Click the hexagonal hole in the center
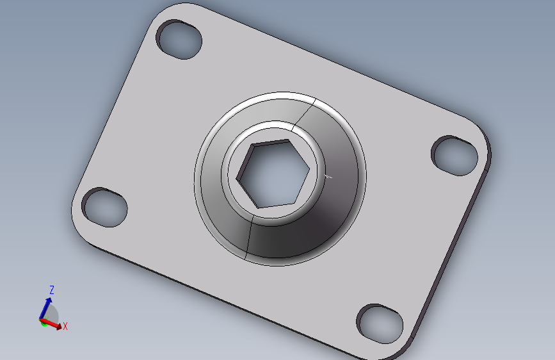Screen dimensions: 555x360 click(273, 174)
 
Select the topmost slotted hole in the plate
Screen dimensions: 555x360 click(179, 39)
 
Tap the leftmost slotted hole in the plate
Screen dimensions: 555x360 click(104, 207)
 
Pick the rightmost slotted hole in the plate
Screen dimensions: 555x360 click(454, 156)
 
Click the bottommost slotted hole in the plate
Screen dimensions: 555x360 click(380, 324)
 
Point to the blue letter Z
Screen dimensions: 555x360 click(52, 290)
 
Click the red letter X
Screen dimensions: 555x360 click(65, 326)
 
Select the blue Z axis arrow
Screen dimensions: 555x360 click(45, 308)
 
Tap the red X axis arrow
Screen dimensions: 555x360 click(51, 324)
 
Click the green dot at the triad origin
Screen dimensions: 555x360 click(44, 323)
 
